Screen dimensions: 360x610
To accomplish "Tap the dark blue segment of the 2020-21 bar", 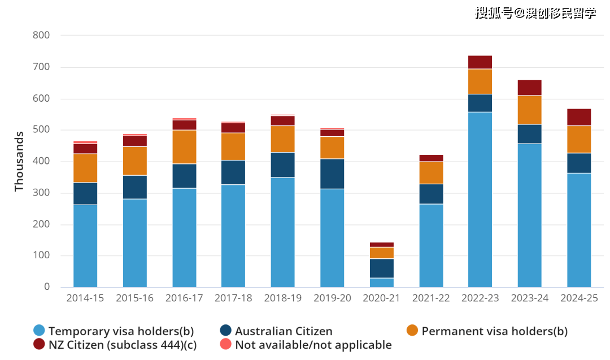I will coord(381,268).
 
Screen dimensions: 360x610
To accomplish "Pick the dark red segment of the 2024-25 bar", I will coord(579,117).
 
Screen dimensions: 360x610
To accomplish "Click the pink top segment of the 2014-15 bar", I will coord(85,142).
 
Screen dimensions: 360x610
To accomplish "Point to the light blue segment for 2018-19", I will coord(282,232).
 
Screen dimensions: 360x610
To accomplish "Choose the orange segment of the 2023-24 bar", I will coord(529,110).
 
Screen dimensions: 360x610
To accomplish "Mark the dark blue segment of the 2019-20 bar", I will coord(332,174).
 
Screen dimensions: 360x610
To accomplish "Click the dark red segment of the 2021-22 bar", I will coord(431,158).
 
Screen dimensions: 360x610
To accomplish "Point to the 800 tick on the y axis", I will coord(42,35).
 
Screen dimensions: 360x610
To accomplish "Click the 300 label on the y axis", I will coord(42,193).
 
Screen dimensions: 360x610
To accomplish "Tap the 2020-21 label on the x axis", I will coord(381,298).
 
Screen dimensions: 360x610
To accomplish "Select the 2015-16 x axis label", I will coord(134,298).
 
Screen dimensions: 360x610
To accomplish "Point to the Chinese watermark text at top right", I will coord(535,13).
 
